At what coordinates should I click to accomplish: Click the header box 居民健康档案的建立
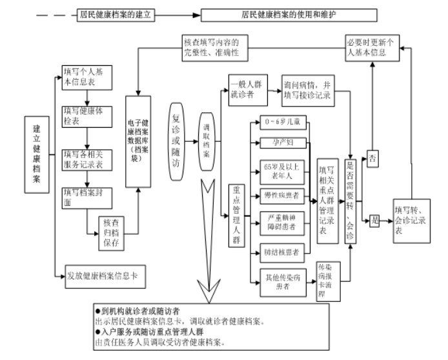coord(114,13)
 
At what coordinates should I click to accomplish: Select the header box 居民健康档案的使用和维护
coord(285,13)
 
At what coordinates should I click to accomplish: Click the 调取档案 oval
coord(207,136)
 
